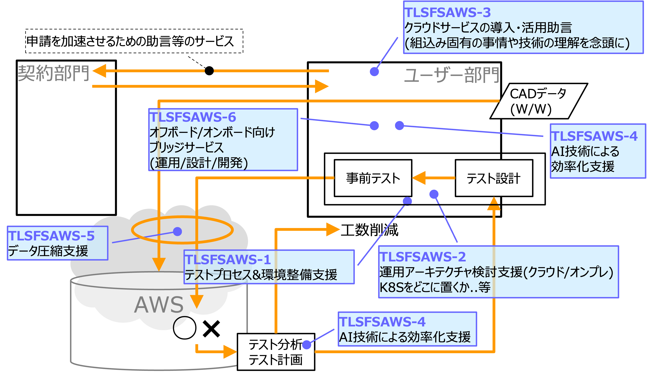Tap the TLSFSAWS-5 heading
(x=51, y=236)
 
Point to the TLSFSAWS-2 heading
(x=423, y=256)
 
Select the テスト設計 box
(x=493, y=178)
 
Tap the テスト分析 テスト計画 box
(x=275, y=352)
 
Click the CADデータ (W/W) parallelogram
(x=538, y=101)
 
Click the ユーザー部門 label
(x=451, y=75)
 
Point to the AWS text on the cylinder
(x=159, y=305)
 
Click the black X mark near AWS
(x=211, y=329)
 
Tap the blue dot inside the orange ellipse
(x=177, y=231)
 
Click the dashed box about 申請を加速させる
(x=134, y=41)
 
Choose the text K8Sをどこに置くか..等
(x=435, y=287)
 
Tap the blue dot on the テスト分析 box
(x=307, y=345)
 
